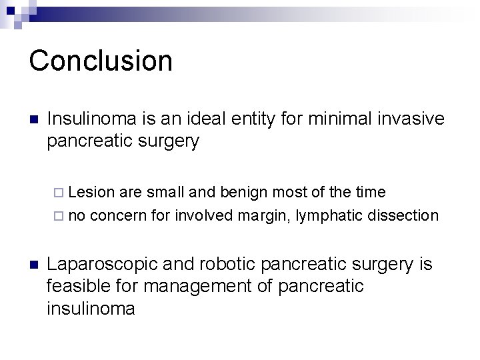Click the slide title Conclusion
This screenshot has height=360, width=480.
[x=101, y=60]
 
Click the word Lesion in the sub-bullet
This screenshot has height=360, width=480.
[x=91, y=193]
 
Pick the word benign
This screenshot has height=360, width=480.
[x=237, y=193]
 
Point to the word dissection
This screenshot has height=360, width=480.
[x=405, y=215]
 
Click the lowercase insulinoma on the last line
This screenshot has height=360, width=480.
[x=91, y=309]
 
